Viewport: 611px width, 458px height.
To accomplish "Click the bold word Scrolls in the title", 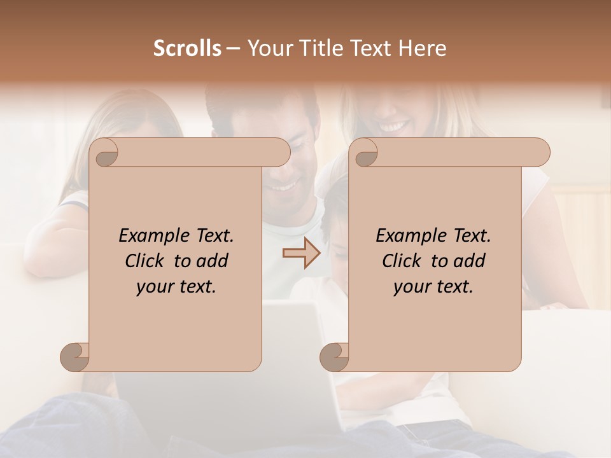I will [x=187, y=48].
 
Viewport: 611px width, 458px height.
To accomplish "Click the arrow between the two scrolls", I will [x=301, y=253].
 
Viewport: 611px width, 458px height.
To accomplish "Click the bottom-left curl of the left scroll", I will [x=75, y=357].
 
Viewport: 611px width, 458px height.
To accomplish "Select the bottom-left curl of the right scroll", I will [x=334, y=357].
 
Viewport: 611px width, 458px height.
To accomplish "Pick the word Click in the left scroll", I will [x=145, y=261].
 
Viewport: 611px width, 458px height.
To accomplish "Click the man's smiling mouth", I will [x=283, y=185].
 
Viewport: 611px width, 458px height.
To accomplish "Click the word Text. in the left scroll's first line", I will [x=212, y=236].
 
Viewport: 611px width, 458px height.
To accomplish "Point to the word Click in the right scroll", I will [x=402, y=261].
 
